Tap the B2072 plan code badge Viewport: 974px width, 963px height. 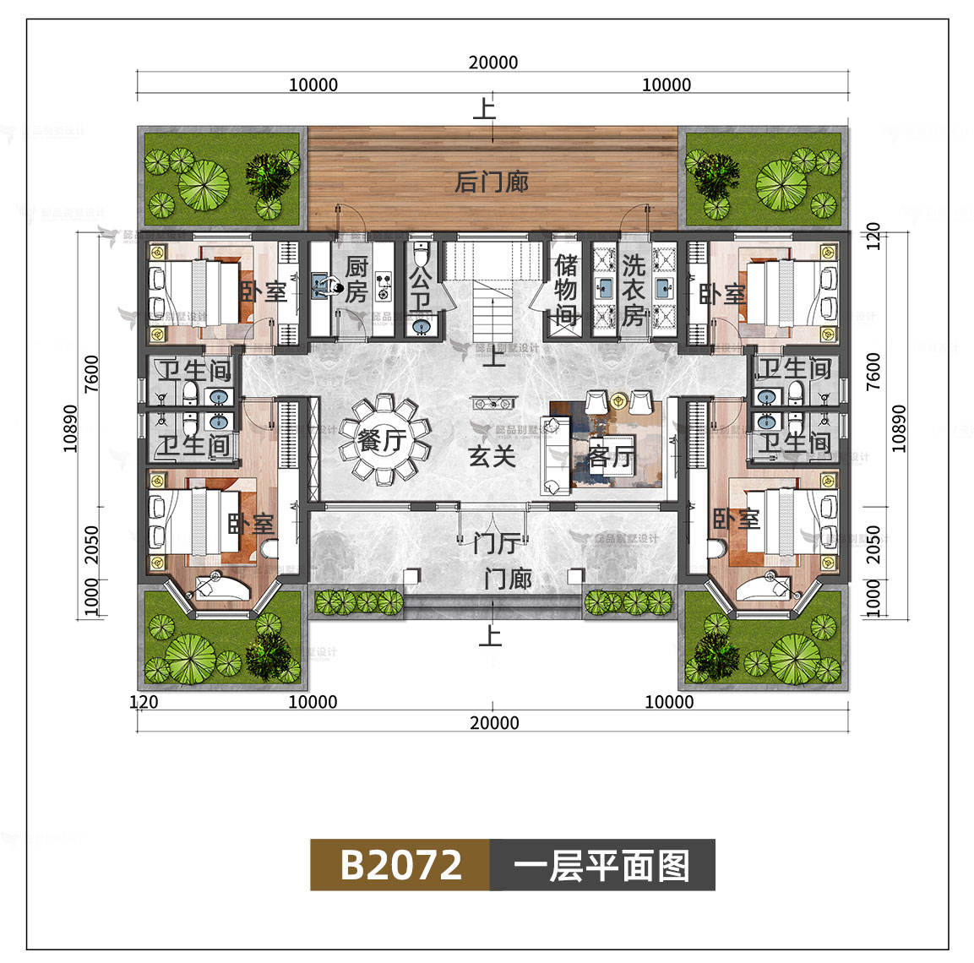[x=400, y=865]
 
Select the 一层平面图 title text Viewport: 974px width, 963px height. [x=601, y=865]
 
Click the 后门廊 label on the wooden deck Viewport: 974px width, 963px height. [x=492, y=182]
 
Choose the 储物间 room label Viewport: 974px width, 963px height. [x=566, y=290]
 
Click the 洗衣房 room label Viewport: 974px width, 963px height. [x=634, y=290]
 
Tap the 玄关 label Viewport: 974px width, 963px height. [x=492, y=456]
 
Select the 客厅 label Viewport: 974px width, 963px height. [x=611, y=457]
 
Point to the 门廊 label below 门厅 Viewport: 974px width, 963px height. [x=508, y=579]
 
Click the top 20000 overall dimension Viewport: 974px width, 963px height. [x=493, y=63]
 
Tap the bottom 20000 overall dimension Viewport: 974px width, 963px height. [x=494, y=723]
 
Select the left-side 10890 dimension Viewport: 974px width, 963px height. [x=70, y=428]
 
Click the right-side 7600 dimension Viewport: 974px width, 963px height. [x=873, y=372]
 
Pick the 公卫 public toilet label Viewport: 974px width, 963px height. [x=420, y=287]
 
